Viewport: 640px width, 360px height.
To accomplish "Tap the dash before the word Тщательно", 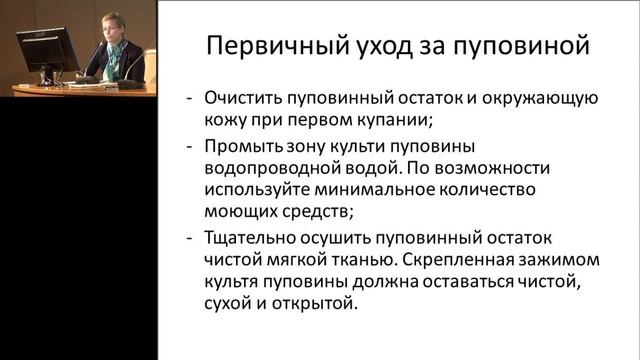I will (x=190, y=239).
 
